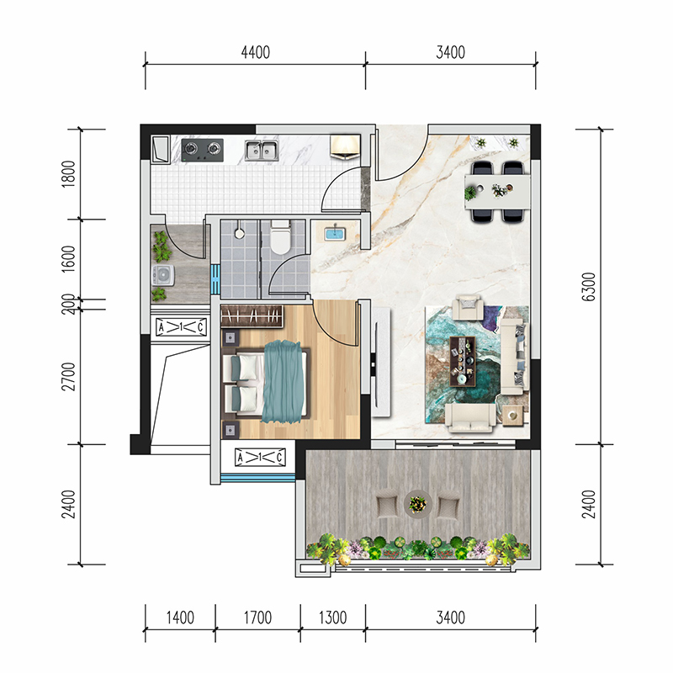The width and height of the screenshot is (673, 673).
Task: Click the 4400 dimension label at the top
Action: pos(256,52)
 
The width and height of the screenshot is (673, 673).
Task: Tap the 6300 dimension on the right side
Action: pos(589,287)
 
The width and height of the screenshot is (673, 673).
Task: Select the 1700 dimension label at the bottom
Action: pos(257,617)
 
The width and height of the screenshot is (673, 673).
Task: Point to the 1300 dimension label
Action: pos(332,617)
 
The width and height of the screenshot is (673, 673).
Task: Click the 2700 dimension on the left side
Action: pos(68,376)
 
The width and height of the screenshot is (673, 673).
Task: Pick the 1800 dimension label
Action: pos(68,174)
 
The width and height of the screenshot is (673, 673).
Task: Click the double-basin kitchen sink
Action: pos(262,151)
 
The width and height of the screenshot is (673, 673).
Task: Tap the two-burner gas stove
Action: pos(203,150)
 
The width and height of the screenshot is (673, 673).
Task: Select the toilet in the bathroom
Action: pos(280,237)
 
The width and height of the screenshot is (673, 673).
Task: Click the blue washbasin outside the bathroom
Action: pos(335,234)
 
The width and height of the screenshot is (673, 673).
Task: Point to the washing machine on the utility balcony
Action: pos(163,275)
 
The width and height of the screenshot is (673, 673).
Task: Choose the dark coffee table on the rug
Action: pos(462,362)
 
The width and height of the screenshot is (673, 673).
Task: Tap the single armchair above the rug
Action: pos(469,307)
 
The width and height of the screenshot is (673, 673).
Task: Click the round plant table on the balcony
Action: pos(418,504)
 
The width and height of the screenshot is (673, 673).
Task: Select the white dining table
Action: pos(498,192)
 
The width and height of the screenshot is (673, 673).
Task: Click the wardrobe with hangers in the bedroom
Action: pos(252,317)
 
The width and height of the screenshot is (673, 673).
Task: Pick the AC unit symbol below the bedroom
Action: pos(260,457)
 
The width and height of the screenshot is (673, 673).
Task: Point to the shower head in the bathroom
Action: pos(240,233)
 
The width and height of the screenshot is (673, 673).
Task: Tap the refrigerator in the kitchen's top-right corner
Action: pos(345,146)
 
